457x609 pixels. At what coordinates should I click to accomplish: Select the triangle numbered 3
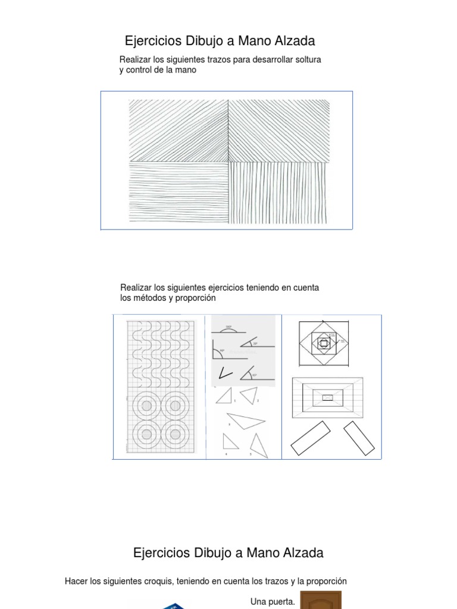(x=245, y=421)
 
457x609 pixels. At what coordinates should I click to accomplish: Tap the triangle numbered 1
(x=224, y=396)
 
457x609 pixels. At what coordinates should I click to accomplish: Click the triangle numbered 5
(x=258, y=445)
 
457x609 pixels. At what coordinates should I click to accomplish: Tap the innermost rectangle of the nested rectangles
(x=327, y=397)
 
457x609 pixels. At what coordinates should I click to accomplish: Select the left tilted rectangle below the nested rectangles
(x=310, y=438)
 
